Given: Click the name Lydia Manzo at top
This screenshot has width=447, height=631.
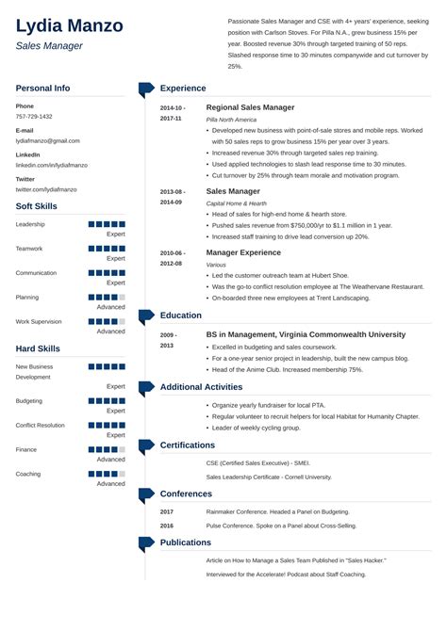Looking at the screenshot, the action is click(70, 24).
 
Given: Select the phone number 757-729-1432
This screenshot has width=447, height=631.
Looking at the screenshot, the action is click(34, 117).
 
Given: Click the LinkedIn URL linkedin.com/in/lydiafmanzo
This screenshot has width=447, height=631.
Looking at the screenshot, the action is click(51, 165).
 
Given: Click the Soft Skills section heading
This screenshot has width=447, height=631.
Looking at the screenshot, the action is click(38, 206).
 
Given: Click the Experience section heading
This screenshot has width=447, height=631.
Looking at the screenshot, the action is click(182, 89).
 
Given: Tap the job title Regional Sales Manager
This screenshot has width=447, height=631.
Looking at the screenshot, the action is click(250, 107).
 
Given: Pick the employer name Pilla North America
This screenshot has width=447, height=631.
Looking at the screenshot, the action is click(230, 120).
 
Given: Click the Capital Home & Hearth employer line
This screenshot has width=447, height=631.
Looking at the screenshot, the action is click(236, 203).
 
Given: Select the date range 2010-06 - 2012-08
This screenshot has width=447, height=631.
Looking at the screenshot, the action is click(173, 258).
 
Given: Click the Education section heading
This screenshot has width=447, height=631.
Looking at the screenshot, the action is click(181, 315).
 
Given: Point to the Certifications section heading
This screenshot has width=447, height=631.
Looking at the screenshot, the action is click(188, 445).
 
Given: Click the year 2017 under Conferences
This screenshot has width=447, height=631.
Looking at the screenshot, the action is click(167, 511).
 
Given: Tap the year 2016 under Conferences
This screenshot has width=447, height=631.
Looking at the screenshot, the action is click(167, 526).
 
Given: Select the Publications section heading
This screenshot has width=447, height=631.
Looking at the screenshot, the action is click(186, 542).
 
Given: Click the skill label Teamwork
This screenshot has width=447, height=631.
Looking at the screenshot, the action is click(29, 249).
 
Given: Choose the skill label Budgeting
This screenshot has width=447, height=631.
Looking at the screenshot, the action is click(29, 400).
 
